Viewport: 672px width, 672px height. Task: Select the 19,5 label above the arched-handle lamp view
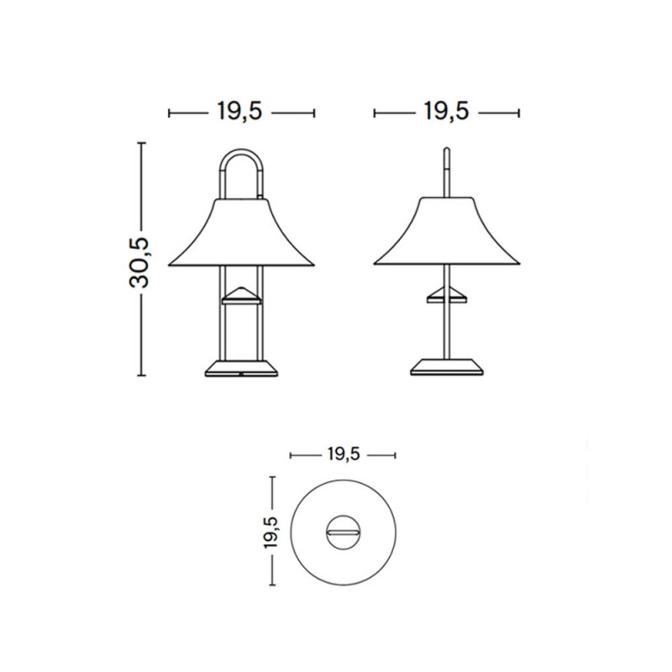(241, 112)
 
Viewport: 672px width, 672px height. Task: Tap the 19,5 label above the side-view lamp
(447, 112)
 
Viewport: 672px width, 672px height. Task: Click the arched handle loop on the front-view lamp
(242, 160)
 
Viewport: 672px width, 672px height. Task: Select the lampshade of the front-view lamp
(242, 235)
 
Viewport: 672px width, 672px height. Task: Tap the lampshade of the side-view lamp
(447, 235)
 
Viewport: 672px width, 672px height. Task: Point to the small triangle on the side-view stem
(447, 293)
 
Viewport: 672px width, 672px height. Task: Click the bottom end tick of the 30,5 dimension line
(140, 376)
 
